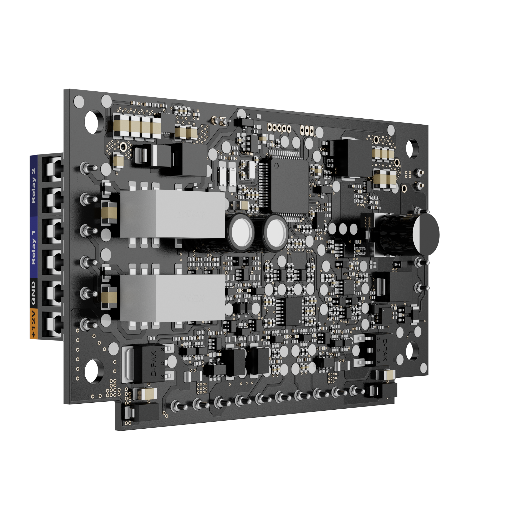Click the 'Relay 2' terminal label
(34, 186)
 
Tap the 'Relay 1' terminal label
(34, 247)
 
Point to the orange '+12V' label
(33, 324)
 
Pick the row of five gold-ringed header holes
(279, 128)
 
